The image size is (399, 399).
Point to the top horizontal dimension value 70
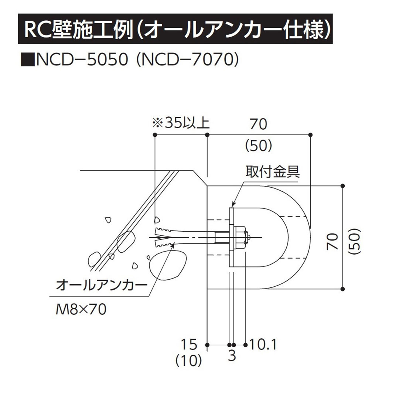(x=258, y=125)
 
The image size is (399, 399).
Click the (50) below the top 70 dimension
(x=258, y=146)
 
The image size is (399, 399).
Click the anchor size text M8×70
(x=81, y=309)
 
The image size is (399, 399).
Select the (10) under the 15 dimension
(x=189, y=359)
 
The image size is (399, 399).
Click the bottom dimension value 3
(x=232, y=356)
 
